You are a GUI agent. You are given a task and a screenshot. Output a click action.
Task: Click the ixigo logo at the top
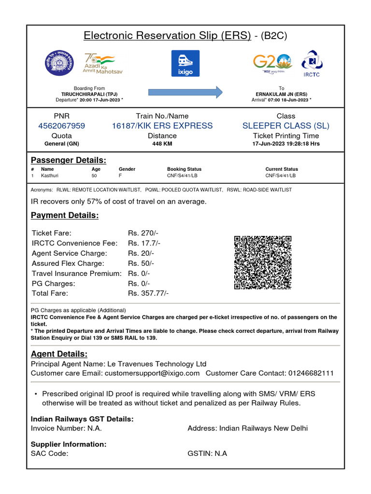pos(185,63)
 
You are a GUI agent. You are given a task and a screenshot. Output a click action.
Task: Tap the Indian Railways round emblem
pos(60,63)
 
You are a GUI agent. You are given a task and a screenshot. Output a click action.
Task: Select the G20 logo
pos(272,63)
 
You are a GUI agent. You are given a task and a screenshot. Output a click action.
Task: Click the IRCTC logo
pos(312,63)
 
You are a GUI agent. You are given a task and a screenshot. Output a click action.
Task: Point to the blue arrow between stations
pos(185,92)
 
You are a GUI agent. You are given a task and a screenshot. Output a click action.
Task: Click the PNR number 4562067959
pos(61,126)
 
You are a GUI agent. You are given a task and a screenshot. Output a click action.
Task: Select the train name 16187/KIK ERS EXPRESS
pos(162,126)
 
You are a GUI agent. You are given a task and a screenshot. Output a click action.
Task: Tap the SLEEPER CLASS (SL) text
pos(285,126)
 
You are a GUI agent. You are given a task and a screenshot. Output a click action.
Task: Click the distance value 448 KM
pos(162,144)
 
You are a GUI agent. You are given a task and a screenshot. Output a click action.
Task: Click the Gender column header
pos(127,169)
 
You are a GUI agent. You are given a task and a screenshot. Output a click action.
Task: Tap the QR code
pos(263,262)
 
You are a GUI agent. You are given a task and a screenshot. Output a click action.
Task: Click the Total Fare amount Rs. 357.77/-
pos(148,293)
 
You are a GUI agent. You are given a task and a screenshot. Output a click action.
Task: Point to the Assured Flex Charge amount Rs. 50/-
pos(141,263)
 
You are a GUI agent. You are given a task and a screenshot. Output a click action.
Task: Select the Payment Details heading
pos(65,216)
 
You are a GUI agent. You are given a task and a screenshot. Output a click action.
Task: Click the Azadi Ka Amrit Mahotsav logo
pos(103,63)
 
